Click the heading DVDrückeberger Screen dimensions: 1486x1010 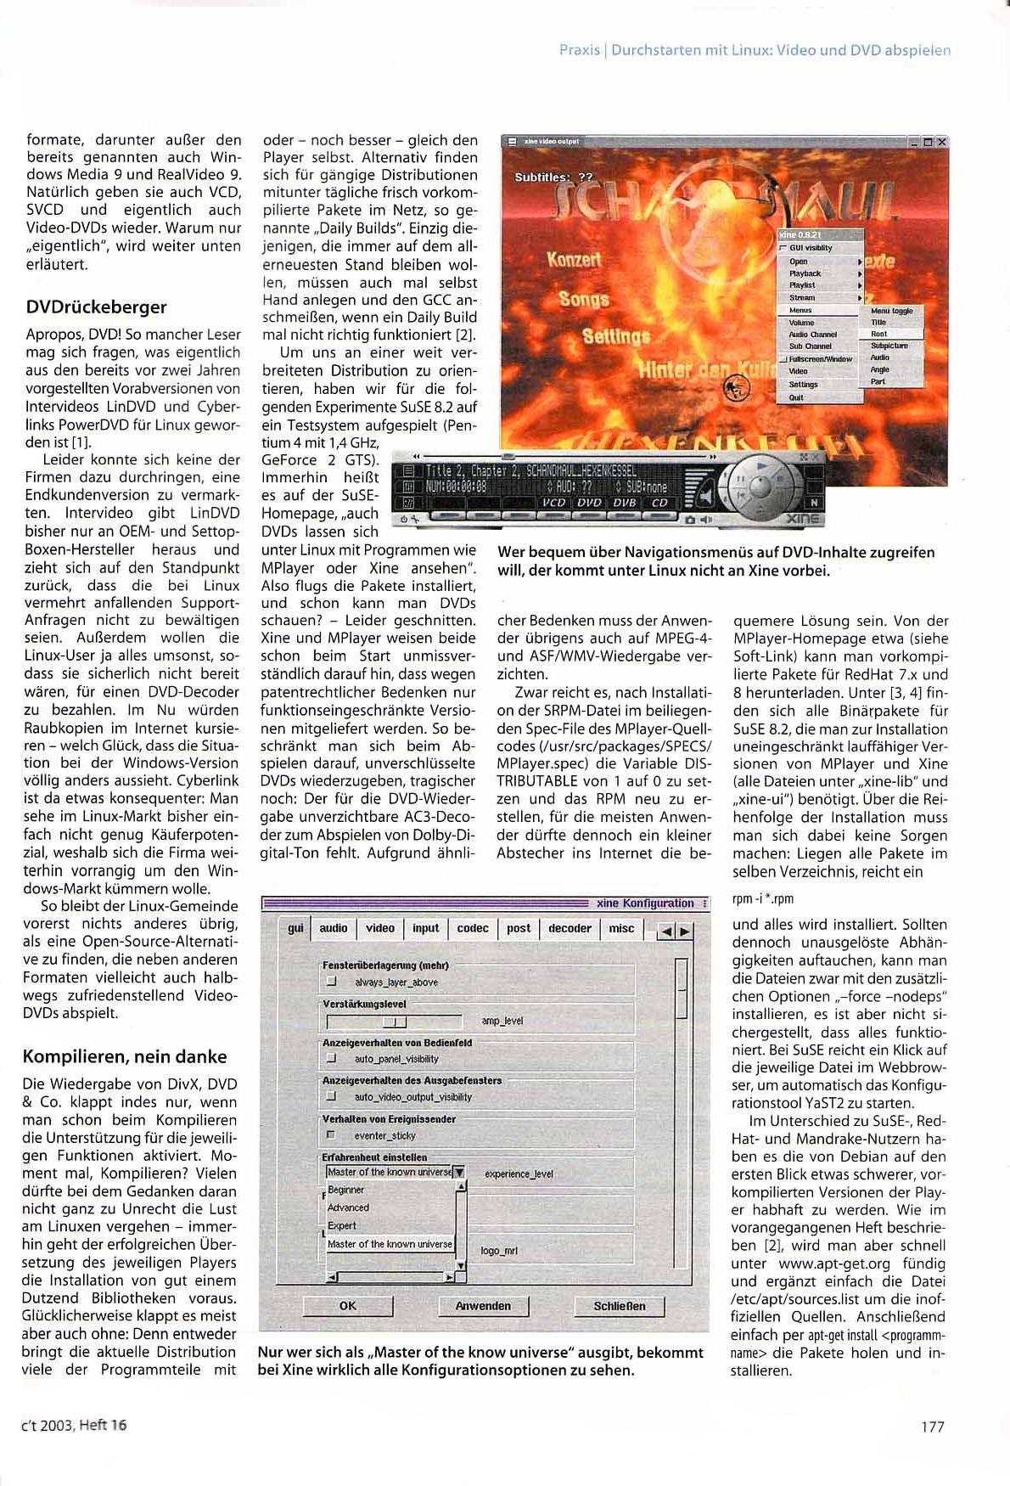coord(96,307)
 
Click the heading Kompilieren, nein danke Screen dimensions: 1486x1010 coord(125,1056)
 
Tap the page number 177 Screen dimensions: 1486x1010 coord(932,1427)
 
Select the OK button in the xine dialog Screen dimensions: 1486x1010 coord(347,1306)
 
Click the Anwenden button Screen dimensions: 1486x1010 coord(483,1306)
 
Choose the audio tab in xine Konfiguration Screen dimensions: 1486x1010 coord(334,928)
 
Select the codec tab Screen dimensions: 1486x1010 coord(472,928)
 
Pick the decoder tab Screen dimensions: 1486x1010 coord(570,928)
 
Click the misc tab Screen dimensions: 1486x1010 coord(621,928)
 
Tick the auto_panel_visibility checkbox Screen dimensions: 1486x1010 coord(332,1059)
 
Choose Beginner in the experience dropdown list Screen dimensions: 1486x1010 coord(346,1190)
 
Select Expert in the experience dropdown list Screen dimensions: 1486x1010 coord(342,1225)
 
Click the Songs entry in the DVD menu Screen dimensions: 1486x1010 coord(584,299)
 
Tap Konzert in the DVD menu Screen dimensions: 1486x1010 coord(574,259)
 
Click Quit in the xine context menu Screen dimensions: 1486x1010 coord(796,397)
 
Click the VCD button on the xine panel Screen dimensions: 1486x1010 coord(553,503)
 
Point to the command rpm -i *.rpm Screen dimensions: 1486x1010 coord(763,898)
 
